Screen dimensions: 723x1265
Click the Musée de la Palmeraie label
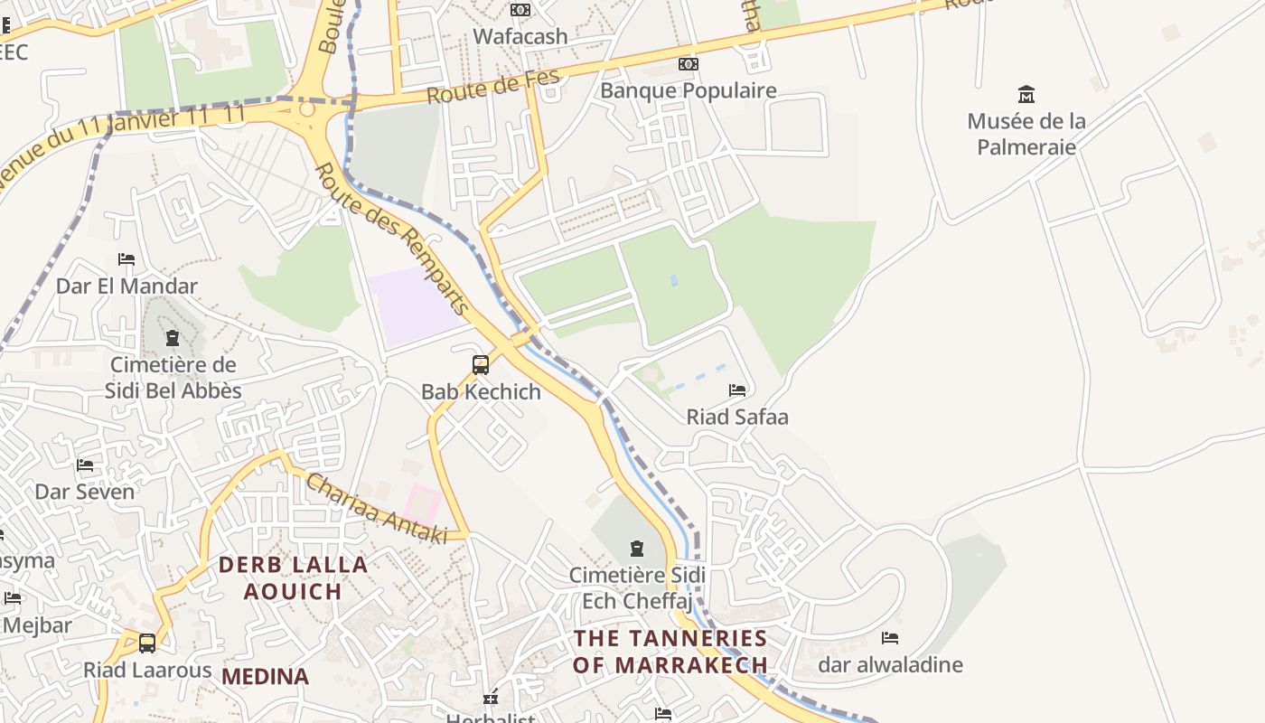pyautogui.click(x=1026, y=134)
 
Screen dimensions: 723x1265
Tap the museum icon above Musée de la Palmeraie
pyautogui.click(x=1026, y=94)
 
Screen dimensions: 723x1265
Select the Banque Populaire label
pyautogui.click(x=689, y=90)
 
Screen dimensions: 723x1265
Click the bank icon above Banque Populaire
pyautogui.click(x=689, y=64)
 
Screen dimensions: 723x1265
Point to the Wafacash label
pyautogui.click(x=520, y=36)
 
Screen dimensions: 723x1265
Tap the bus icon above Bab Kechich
pyautogui.click(x=481, y=365)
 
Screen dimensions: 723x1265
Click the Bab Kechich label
pyautogui.click(x=481, y=391)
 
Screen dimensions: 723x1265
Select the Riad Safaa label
pyautogui.click(x=737, y=417)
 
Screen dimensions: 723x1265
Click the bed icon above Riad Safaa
pyautogui.click(x=737, y=390)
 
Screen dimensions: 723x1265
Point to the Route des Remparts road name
pyautogui.click(x=393, y=239)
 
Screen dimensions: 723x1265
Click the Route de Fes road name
pyautogui.click(x=493, y=87)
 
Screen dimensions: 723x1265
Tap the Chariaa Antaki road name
pyautogui.click(x=376, y=510)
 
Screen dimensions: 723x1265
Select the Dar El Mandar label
pyautogui.click(x=126, y=286)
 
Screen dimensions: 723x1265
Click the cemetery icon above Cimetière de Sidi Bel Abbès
pyautogui.click(x=172, y=339)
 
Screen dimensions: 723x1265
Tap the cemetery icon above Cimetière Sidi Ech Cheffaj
pyautogui.click(x=637, y=549)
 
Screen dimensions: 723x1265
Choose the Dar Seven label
pyautogui.click(x=84, y=492)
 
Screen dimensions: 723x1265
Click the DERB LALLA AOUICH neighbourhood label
pyautogui.click(x=294, y=578)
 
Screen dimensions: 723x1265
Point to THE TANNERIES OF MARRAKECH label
pyautogui.click(x=671, y=652)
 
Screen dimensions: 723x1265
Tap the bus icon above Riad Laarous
pyautogui.click(x=146, y=643)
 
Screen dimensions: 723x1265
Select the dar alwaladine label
pyautogui.click(x=890, y=665)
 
